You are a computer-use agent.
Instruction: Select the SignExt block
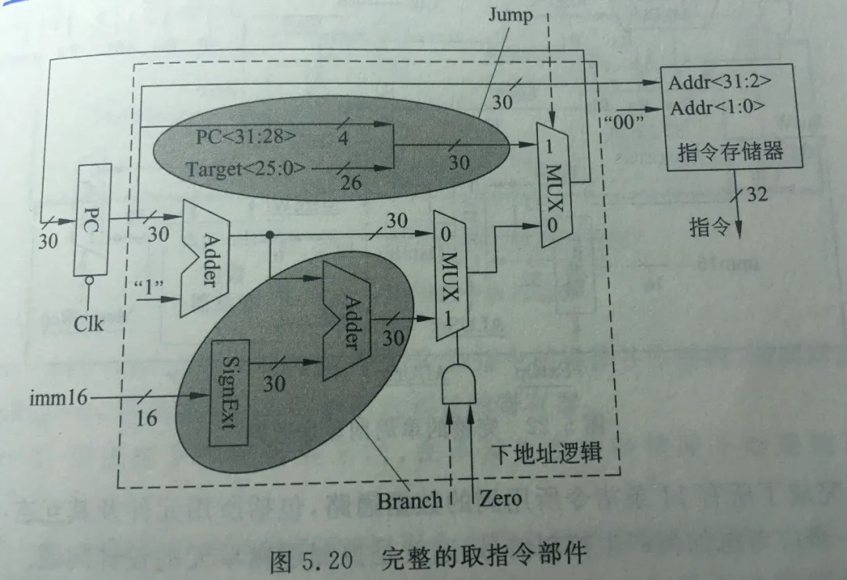[230, 392]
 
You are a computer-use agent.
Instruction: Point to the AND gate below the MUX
[460, 385]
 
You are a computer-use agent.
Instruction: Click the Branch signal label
[409, 500]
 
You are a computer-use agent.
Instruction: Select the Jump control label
[511, 16]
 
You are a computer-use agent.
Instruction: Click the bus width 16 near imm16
[147, 418]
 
